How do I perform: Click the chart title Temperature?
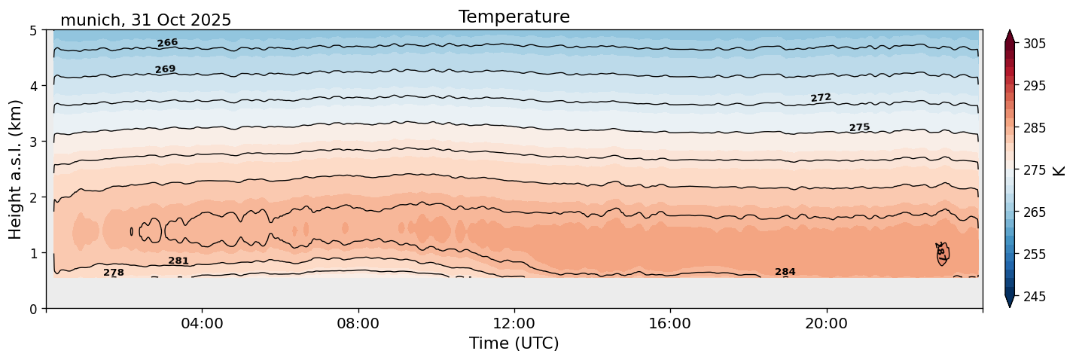click(514, 17)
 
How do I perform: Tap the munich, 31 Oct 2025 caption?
click(145, 20)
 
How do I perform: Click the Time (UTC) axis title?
click(514, 343)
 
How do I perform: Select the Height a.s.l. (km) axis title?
click(16, 169)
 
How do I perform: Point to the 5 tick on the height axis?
click(33, 30)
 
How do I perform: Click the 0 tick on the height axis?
click(33, 308)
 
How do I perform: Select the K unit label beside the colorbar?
click(1059, 170)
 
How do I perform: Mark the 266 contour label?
click(167, 43)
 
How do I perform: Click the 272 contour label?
click(821, 98)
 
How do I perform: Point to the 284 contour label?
click(785, 272)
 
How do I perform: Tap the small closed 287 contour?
click(941, 253)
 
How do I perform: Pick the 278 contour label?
click(114, 273)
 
